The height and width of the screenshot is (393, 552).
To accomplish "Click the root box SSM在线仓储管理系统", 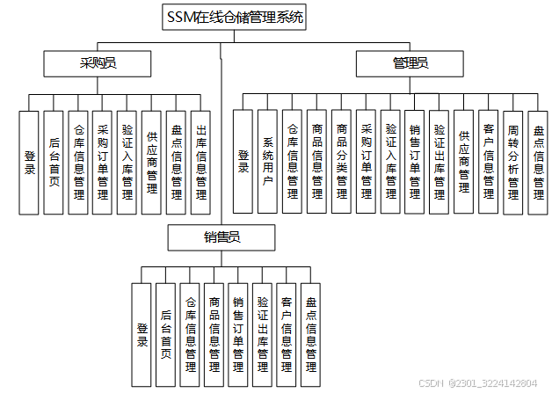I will click(x=235, y=17).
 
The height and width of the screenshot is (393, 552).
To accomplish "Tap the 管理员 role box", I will click(x=410, y=62).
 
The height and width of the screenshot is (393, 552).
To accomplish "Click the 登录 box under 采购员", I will click(x=30, y=162).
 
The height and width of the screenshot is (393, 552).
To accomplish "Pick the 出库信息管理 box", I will click(x=201, y=162).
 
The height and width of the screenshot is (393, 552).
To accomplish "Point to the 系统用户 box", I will click(x=268, y=161).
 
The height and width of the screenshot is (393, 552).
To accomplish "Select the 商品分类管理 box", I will click(x=342, y=161).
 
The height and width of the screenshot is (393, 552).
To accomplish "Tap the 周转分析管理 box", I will click(x=513, y=161).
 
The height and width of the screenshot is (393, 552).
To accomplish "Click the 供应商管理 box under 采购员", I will click(x=152, y=162).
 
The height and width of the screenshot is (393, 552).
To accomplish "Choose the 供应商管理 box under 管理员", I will click(x=464, y=161).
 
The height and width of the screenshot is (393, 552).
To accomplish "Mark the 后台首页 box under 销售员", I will click(x=166, y=335).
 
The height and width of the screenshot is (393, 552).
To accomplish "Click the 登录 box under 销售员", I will click(x=142, y=335).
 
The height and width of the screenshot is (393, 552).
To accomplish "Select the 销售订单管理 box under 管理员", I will click(x=415, y=161).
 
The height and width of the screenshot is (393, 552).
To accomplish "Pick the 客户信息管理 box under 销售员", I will click(x=286, y=335).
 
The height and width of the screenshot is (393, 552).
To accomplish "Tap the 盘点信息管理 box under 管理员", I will click(x=538, y=161).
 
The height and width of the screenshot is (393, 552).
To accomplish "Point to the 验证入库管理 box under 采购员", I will click(x=127, y=162).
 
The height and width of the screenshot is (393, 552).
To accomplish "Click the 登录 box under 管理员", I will click(x=243, y=161).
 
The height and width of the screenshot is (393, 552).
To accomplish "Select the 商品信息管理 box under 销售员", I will click(x=214, y=335).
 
